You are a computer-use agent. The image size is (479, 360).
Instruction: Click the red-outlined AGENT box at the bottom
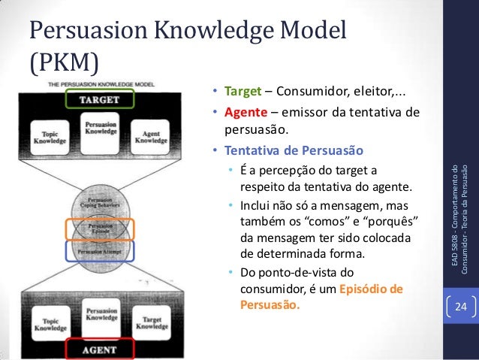pos(98,349)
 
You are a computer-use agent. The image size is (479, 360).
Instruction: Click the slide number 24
pos(459,308)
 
